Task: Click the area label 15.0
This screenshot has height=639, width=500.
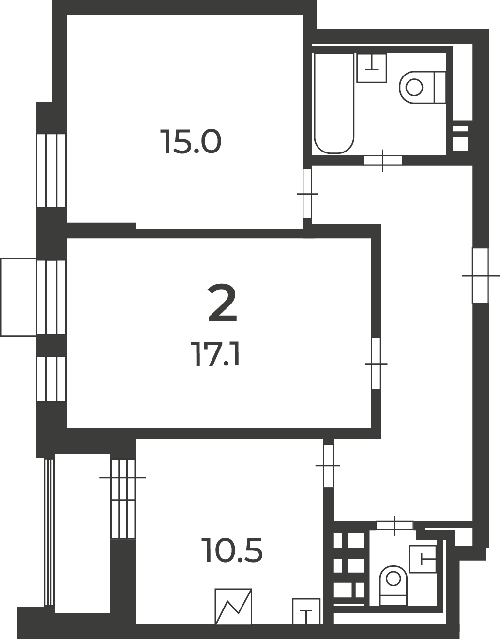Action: (192, 142)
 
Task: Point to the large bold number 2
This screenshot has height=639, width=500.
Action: (222, 303)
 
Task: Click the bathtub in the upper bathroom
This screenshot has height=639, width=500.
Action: (333, 103)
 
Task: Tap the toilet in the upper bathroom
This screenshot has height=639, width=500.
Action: (423, 87)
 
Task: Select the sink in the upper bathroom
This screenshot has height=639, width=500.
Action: (372, 68)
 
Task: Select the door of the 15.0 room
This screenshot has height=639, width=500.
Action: (307, 194)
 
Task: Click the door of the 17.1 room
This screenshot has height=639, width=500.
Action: (376, 364)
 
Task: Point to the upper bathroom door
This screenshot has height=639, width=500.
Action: (383, 161)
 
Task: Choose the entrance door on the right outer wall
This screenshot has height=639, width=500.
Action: (480, 275)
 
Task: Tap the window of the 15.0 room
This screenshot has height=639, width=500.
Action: (51, 170)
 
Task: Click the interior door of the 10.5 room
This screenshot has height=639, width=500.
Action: (328, 466)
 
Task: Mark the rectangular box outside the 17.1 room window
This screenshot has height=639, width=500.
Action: (18, 297)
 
